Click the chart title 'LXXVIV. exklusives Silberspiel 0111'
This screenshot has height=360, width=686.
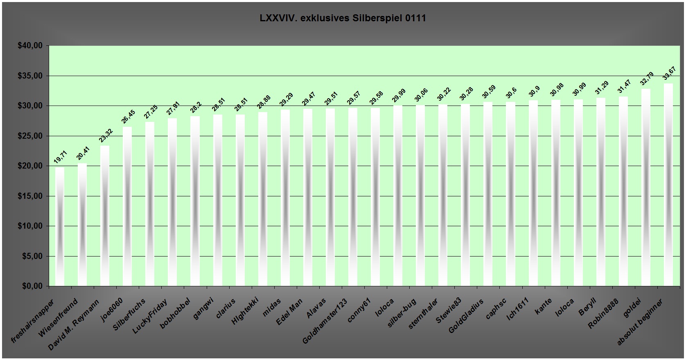[x=343, y=18]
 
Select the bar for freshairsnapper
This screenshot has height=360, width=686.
[x=60, y=227]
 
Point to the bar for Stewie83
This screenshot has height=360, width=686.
[x=465, y=195]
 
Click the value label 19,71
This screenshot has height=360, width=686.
[x=60, y=157]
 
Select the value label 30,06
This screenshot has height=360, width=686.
[x=422, y=96]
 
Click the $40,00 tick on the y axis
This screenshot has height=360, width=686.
[x=30, y=46]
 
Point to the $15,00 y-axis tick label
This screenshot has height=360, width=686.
[x=30, y=196]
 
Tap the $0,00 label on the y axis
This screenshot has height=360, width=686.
[x=32, y=286]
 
